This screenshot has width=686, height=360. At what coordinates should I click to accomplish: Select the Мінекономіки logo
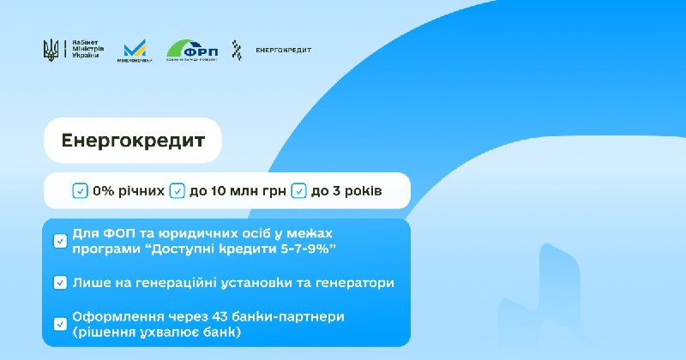pos(135,51)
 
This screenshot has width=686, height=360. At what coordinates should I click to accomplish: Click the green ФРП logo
pos(192,50)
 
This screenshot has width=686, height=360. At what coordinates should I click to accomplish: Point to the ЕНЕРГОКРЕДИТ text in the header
pos(284,50)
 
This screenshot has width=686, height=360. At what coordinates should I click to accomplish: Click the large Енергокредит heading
pos(133,141)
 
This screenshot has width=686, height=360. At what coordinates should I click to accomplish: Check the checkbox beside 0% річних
pos(80,190)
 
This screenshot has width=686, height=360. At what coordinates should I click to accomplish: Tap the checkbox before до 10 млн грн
pos(177,190)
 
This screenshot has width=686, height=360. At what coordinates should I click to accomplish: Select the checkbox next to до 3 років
pos(299,190)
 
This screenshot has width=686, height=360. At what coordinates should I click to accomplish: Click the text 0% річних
pos(127,190)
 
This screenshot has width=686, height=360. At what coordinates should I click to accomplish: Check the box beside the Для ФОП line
pos(60,241)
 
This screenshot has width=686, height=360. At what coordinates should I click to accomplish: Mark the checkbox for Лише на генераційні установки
pos(60,282)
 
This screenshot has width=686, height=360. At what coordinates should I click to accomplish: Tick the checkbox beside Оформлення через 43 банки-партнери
pos(60,324)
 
